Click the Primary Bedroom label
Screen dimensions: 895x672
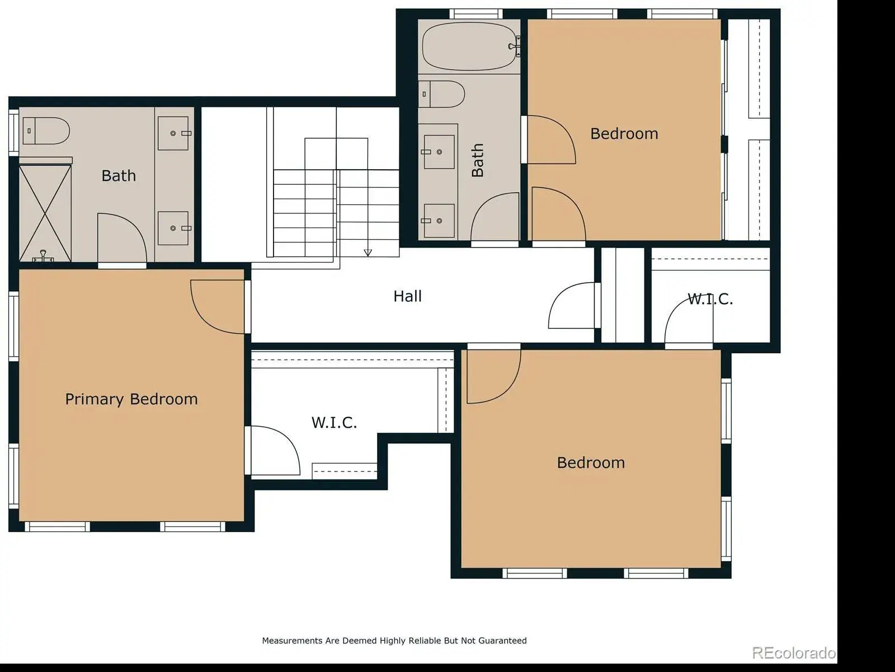click(x=131, y=399)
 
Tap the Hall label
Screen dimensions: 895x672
click(x=407, y=296)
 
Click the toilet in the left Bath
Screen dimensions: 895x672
click(x=46, y=130)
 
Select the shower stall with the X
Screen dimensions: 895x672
click(x=45, y=213)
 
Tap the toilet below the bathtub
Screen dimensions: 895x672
click(x=441, y=94)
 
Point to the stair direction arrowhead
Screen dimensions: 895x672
click(x=368, y=253)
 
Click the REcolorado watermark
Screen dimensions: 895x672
click(x=793, y=652)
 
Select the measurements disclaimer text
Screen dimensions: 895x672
click(x=394, y=641)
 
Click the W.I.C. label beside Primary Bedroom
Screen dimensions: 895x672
click(x=335, y=423)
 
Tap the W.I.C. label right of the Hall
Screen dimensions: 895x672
click(x=710, y=299)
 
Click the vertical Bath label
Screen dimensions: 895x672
click(x=478, y=160)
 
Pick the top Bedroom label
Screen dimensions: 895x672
click(x=624, y=134)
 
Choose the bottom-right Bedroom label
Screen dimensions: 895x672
click(x=591, y=463)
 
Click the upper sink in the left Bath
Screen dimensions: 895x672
click(x=174, y=133)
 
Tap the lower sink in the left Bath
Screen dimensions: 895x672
click(x=174, y=228)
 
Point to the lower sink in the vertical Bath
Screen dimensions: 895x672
click(x=439, y=221)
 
